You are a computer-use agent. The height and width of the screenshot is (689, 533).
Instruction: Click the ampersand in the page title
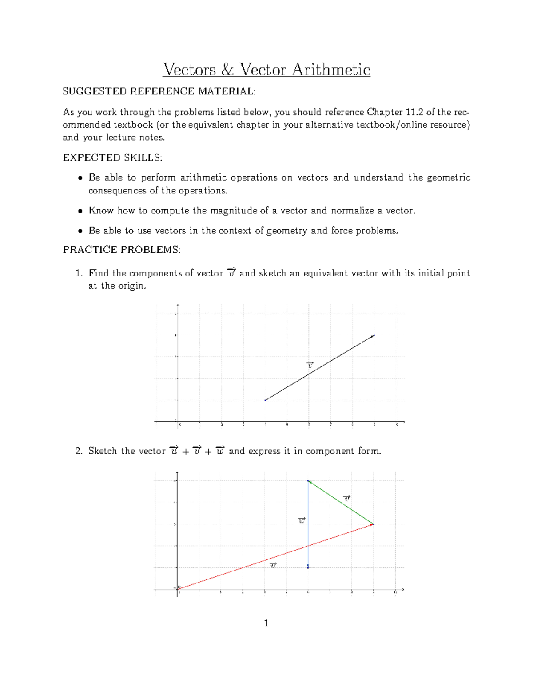coord(227,70)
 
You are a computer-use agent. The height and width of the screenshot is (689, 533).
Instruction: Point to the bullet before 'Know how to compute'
coord(80,211)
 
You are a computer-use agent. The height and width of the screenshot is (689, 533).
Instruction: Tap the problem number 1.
coord(79,273)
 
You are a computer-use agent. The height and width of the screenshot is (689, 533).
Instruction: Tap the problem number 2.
coord(79,451)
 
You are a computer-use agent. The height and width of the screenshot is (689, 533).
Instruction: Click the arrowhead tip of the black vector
coord(374,335)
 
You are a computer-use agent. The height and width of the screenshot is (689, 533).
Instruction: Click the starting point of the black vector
coord(265,400)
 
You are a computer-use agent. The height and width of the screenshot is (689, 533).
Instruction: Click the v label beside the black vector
coord(310,365)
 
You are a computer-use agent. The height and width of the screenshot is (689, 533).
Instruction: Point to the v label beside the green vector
coord(347,498)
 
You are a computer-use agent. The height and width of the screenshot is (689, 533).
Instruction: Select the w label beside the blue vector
coord(302,520)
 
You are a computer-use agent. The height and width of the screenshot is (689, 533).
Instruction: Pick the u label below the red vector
coord(273,565)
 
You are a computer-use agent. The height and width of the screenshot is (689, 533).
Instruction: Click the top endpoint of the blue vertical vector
coord(308,480)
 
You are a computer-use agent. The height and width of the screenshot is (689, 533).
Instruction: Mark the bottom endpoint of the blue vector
coord(308,567)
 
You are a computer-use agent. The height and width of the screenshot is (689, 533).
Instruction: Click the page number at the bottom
coord(266,623)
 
